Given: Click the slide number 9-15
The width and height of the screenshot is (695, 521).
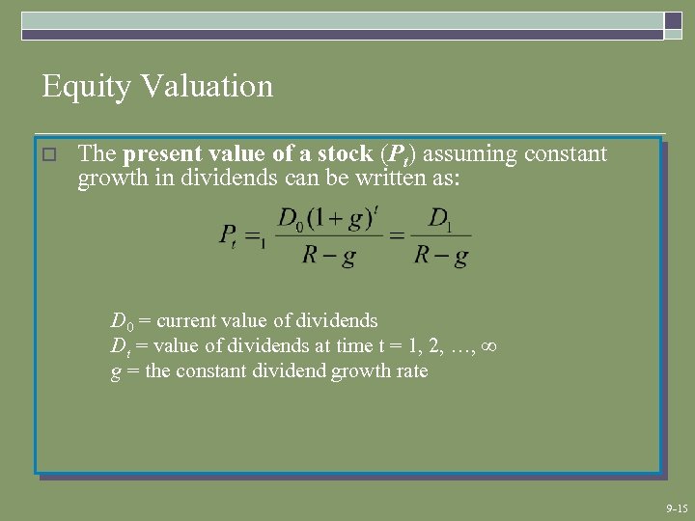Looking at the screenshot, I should point(676,507).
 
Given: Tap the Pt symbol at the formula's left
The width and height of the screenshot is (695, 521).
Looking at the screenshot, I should point(229,235).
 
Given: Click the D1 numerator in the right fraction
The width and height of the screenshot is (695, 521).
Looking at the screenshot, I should point(440,220).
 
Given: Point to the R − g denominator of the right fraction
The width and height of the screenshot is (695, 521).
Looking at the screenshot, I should point(441,257).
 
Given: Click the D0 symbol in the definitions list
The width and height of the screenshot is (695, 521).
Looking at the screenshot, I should point(121,321).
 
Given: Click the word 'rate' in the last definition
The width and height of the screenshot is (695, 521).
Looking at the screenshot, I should point(410,370).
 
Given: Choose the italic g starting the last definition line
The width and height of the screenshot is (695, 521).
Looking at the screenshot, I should point(116,372).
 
